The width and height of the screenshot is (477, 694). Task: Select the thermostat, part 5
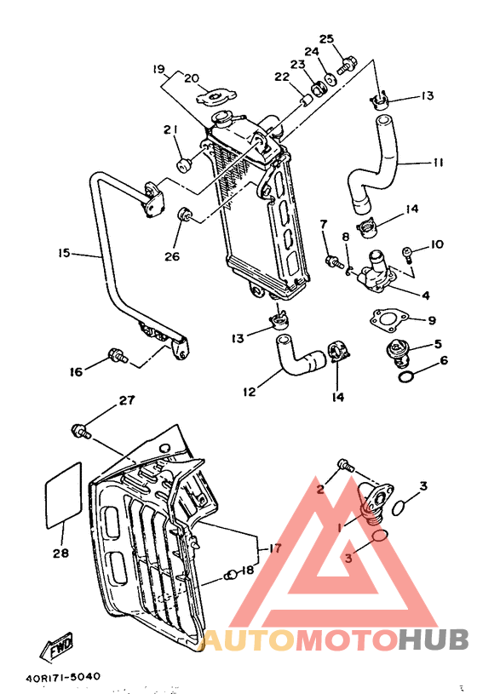pyautogui.click(x=397, y=351)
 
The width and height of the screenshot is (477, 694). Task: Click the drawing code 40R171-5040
pyautogui.click(x=63, y=677)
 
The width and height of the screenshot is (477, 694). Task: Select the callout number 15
pyautogui.click(x=64, y=253)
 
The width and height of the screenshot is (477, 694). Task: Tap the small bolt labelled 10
pyautogui.click(x=409, y=251)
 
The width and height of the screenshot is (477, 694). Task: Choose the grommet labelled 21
pyautogui.click(x=183, y=163)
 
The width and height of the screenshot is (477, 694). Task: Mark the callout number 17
pyautogui.click(x=273, y=549)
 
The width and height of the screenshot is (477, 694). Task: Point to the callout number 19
pyautogui.click(x=158, y=68)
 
